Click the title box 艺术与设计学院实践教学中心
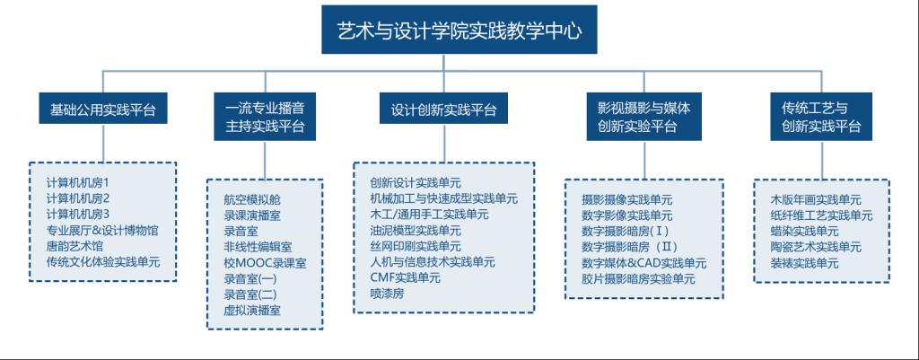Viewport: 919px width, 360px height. click(x=459, y=30)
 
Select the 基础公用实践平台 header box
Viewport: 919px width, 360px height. click(x=103, y=109)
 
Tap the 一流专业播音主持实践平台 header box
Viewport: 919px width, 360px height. click(x=265, y=116)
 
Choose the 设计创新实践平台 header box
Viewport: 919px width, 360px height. click(x=443, y=109)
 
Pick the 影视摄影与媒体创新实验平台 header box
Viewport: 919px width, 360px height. click(x=643, y=116)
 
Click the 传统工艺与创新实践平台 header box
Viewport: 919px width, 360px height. click(x=821, y=116)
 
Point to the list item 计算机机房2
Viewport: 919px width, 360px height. click(x=78, y=198)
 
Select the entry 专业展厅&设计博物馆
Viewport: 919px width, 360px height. click(x=102, y=231)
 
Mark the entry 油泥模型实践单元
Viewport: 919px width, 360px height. click(x=416, y=230)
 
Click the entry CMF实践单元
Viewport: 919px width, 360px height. click(x=405, y=277)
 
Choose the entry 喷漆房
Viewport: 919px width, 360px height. click(x=387, y=294)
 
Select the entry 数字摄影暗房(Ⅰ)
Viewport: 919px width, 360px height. click(x=625, y=231)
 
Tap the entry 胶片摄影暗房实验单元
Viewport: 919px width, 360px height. click(x=638, y=279)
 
